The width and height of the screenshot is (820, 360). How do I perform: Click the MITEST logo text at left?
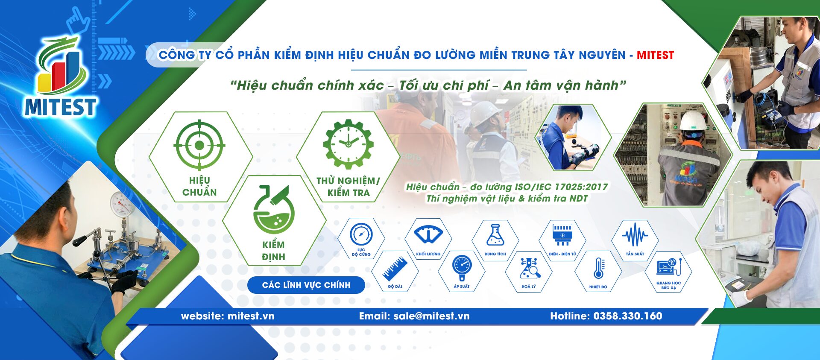coord(60,107)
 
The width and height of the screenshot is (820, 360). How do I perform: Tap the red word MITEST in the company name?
coord(655,55)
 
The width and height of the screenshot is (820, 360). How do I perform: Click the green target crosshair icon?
coord(199,145)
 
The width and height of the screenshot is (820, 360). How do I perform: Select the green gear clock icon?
coord(348,144)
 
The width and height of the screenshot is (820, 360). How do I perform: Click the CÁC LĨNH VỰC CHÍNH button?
coord(306,285)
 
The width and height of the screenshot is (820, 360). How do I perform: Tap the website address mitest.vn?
coord(251,316)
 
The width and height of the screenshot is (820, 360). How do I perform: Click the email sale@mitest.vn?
coord(431,316)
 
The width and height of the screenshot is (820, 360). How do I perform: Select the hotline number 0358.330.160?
coord(627,316)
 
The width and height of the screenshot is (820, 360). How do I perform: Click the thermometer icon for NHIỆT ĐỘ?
coord(598,268)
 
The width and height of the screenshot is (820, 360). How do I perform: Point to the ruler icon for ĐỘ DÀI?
coord(395,269)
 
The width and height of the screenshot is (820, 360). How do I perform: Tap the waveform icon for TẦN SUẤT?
coord(635,235)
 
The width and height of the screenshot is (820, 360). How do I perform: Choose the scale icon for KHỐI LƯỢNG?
coord(428,234)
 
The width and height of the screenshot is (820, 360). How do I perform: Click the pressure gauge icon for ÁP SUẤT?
coord(462,267)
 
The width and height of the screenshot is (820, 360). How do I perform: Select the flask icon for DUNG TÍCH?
coord(495,235)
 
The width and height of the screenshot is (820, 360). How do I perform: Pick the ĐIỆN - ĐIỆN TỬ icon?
coord(562,234)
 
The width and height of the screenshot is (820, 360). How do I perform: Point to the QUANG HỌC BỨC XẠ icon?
coord(668,267)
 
